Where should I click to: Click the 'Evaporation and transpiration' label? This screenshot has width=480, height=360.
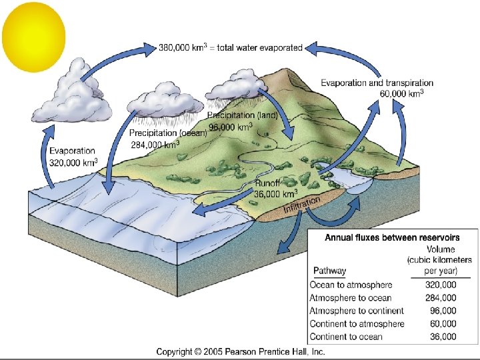tap(377, 83)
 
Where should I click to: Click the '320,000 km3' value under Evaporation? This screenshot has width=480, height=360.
tap(73, 162)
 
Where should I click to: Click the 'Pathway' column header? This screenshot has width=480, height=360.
tap(329, 271)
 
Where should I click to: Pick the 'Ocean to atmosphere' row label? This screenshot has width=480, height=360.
tap(351, 285)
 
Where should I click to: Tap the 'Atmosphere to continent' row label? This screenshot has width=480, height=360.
tap(357, 311)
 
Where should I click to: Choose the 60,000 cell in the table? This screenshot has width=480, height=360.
tap(443, 323)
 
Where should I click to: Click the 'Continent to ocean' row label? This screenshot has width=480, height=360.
tap(347, 336)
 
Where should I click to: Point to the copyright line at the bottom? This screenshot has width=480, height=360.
tap(241, 351)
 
